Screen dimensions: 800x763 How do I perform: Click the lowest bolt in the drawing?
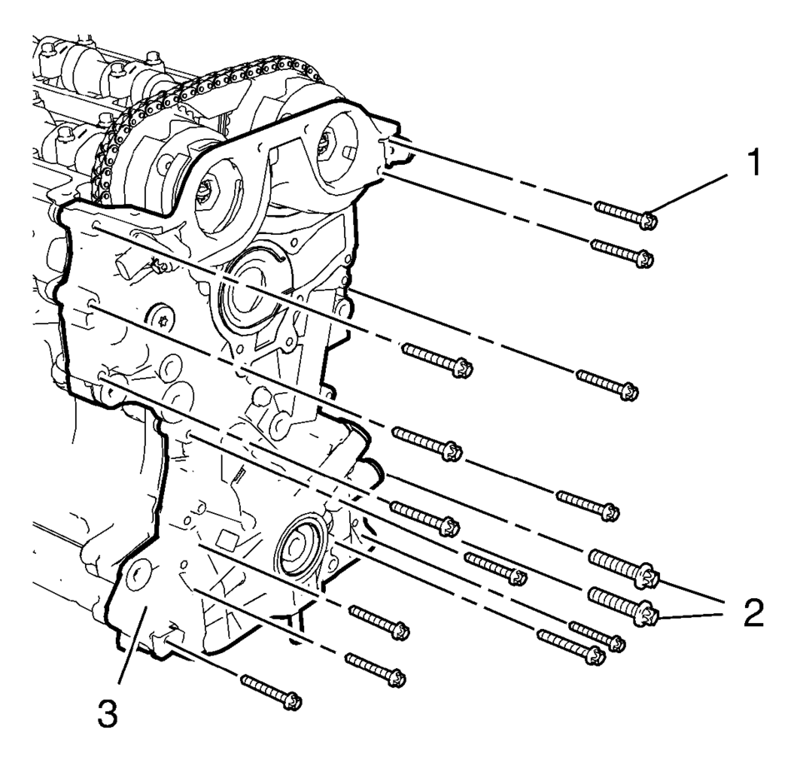click(272, 691)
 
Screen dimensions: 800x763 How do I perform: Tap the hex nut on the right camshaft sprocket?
click(325, 147)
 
